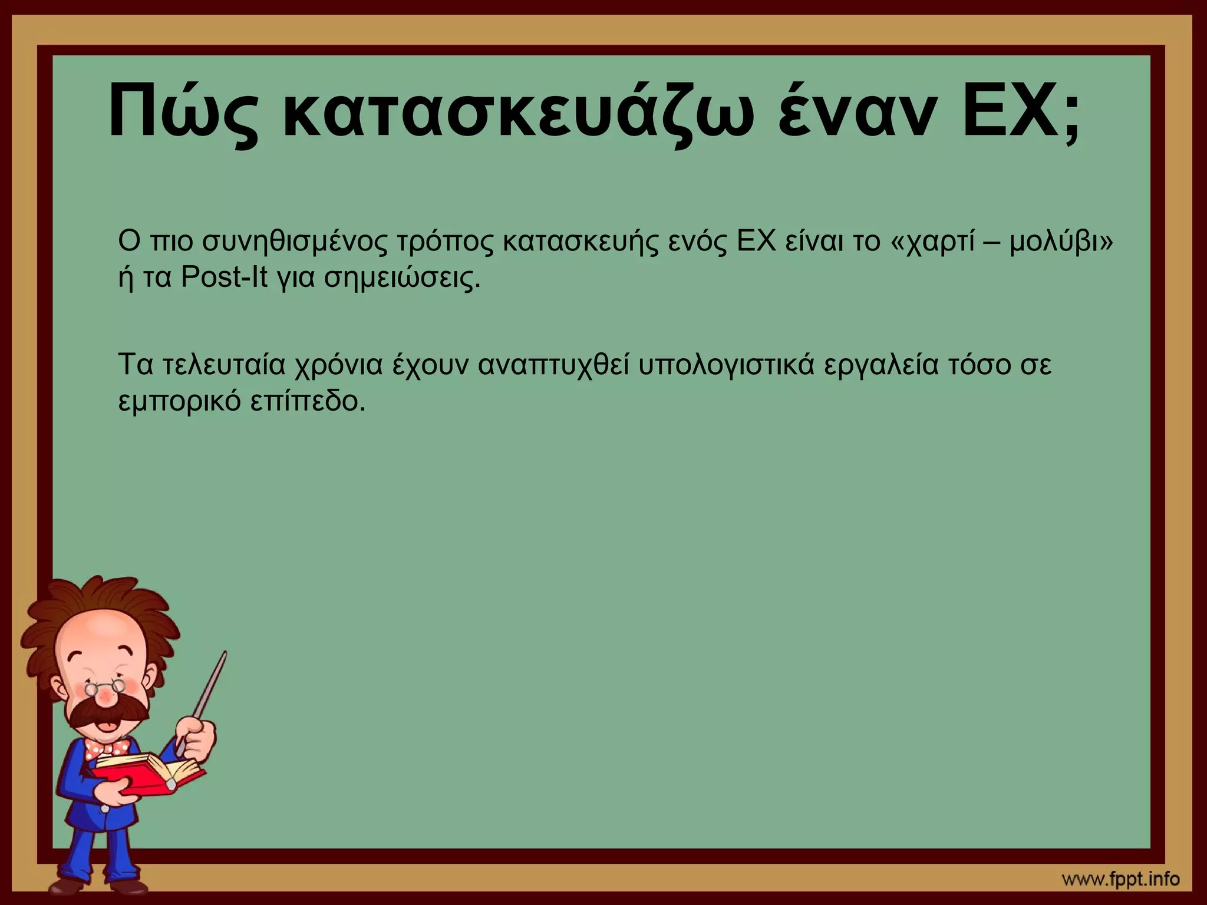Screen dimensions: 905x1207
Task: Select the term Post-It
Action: (x=224, y=277)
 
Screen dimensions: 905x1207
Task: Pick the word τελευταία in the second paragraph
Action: (x=223, y=365)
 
